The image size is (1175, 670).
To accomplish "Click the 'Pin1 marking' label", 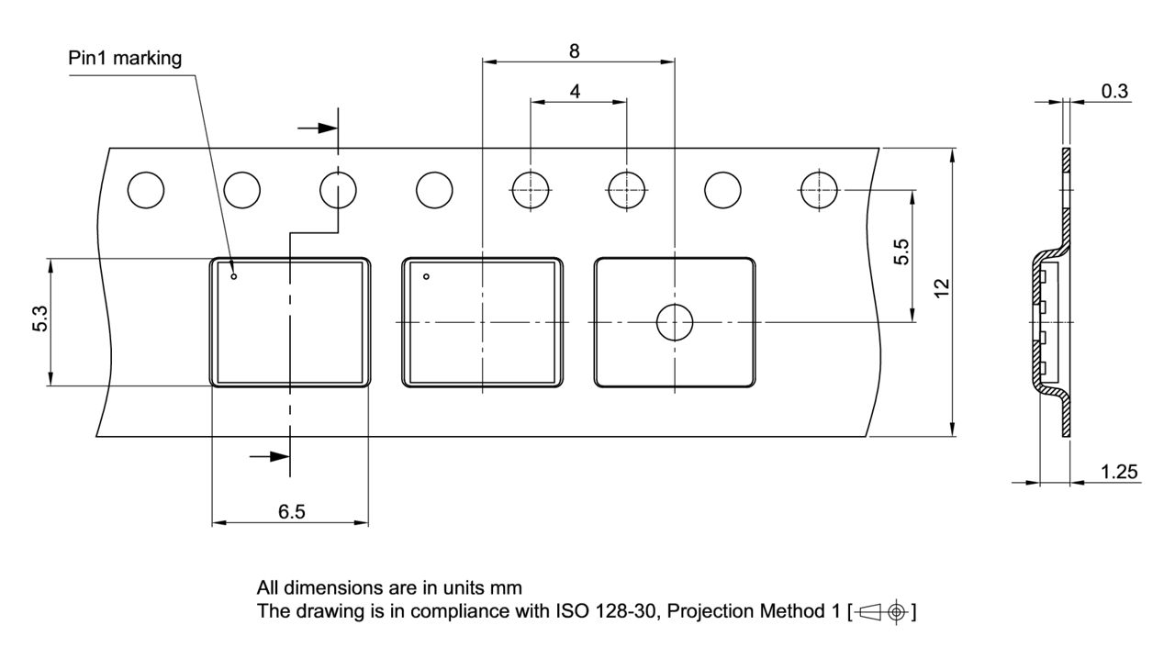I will click(x=125, y=58).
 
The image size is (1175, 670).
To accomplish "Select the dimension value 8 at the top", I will click(x=574, y=51).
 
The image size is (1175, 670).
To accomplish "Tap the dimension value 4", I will click(x=575, y=92).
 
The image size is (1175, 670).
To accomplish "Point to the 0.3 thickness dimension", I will click(x=1115, y=91).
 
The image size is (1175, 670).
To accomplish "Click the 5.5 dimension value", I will click(x=901, y=251).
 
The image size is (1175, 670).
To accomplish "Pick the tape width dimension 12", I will click(x=941, y=288).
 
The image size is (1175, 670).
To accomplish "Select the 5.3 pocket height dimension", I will click(x=40, y=321).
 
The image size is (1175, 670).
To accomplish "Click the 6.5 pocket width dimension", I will click(x=292, y=512).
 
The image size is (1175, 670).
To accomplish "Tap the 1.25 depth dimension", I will click(x=1120, y=472).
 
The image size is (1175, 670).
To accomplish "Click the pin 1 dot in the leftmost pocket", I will click(x=233, y=276).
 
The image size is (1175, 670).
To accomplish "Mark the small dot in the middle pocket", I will click(x=426, y=276).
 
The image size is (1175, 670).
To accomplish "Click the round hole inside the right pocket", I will click(x=675, y=322).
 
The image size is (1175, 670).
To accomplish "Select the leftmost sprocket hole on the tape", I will click(x=146, y=191).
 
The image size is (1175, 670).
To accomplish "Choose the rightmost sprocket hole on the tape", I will click(x=819, y=191).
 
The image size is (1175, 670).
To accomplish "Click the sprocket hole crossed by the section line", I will click(x=338, y=191).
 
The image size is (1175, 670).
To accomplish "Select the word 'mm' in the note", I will click(x=507, y=587).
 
